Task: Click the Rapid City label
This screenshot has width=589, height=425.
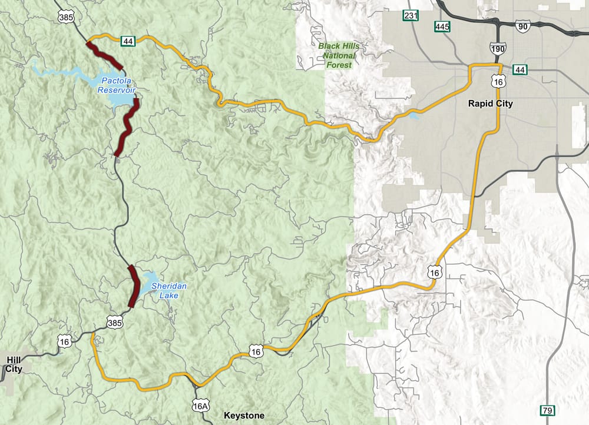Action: tap(490, 104)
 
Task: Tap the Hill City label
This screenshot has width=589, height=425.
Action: tap(14, 364)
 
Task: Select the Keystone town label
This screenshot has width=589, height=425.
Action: tap(244, 416)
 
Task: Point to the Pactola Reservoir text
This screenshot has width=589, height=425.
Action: tap(116, 85)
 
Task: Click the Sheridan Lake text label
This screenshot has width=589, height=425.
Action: tap(169, 290)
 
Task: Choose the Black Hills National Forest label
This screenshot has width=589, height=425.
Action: tap(338, 55)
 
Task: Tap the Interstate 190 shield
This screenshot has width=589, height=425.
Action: tap(497, 48)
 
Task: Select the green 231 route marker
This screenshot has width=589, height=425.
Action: tap(411, 15)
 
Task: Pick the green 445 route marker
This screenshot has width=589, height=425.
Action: tap(442, 26)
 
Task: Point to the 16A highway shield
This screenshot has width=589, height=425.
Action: tap(200, 406)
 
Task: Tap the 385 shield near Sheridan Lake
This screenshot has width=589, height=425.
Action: tap(115, 321)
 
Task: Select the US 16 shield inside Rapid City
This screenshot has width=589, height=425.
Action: tap(498, 82)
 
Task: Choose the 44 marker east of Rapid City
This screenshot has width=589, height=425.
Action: tap(519, 69)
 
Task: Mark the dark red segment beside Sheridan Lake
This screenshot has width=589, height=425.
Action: tap(134, 286)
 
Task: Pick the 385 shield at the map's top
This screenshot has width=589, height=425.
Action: tap(66, 18)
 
